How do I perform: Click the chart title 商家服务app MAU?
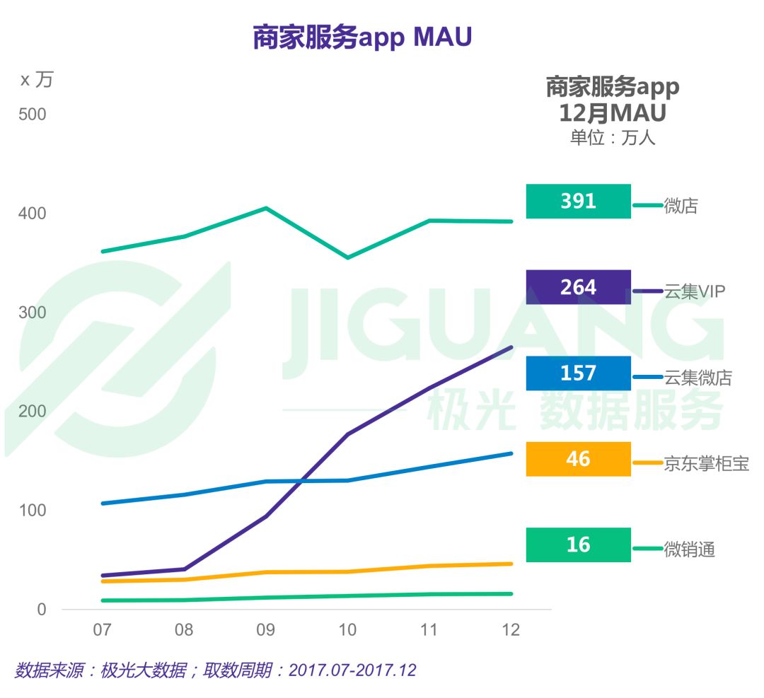pos(361,37)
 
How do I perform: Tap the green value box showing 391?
pos(578,202)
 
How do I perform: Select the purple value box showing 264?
pos(578,287)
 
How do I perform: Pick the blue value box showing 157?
pos(578,373)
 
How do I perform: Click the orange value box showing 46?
pos(578,459)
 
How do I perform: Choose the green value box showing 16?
pos(578,545)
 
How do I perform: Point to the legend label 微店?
pos(681,206)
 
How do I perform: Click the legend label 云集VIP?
pos(695,291)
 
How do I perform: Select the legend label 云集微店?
pos(698,378)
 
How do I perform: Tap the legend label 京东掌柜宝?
pos(706,463)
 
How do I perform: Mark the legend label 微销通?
pos(689,549)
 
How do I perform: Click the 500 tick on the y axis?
pos(32,115)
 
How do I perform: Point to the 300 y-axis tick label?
pos(32,313)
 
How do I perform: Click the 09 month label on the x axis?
pos(265,629)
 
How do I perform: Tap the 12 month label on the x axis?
pos(510,629)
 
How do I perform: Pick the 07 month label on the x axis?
pos(102,629)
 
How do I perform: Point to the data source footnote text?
pos(215,670)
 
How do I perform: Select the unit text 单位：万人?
pos(613,137)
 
